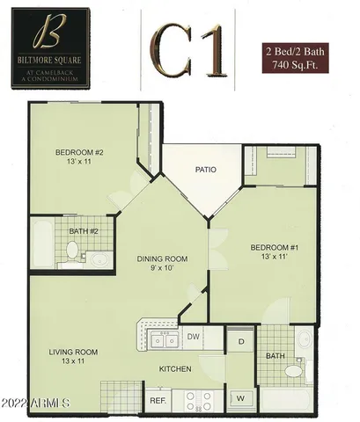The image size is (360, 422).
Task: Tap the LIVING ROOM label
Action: (73, 353)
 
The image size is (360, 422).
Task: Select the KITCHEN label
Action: (175, 370)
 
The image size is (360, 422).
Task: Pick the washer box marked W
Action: (240, 397)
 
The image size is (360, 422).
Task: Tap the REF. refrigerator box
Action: (158, 400)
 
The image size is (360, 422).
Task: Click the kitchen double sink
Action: (161, 339)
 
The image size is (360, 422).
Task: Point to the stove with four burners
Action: (198, 400)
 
